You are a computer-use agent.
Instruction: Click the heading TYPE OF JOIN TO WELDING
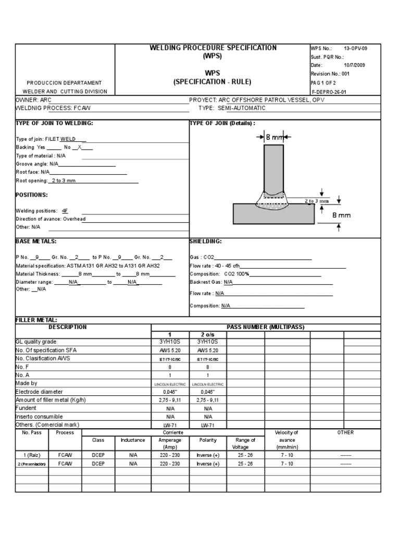pos(55,123)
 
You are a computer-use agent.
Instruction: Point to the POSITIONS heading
pos(32,195)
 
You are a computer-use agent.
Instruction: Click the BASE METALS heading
pos(36,241)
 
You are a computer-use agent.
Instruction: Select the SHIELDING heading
pos(206,241)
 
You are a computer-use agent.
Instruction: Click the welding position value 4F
pos(65,211)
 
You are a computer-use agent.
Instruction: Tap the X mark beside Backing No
pos(80,148)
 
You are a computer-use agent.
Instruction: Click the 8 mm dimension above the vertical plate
pos(274,137)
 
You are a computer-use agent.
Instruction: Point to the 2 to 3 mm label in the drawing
pos(317,201)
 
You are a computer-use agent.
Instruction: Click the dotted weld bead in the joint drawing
pos(273,202)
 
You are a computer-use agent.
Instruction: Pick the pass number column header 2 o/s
pos(207,334)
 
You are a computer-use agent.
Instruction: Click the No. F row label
pos(23,367)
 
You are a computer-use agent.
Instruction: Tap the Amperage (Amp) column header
pos(170,444)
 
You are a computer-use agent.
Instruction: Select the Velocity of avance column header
pos(286,440)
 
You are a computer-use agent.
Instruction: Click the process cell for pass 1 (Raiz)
pos(65,455)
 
